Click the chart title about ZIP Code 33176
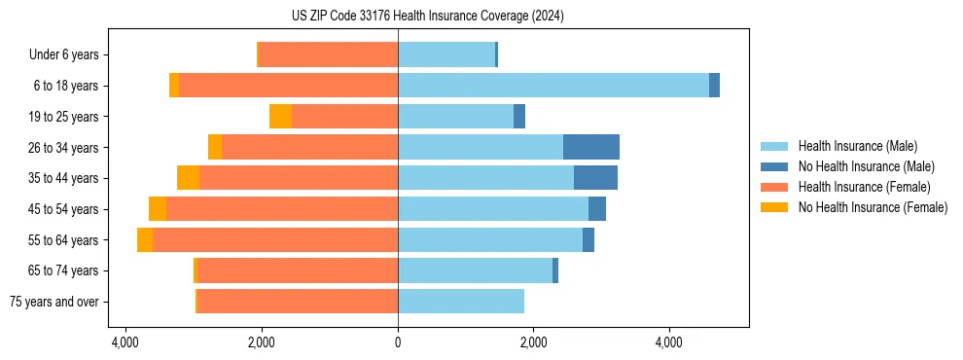[x=427, y=17]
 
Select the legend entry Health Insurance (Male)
[x=857, y=146]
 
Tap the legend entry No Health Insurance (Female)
[x=873, y=207]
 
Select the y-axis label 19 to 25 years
[x=65, y=117]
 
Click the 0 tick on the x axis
[x=398, y=342]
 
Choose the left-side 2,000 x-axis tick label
[x=262, y=342]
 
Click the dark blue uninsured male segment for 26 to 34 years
[x=591, y=147]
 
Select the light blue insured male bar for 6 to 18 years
[x=553, y=86]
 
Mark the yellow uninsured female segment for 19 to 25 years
[x=280, y=117]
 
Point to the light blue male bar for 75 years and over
[x=461, y=302]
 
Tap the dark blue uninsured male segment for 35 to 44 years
[x=595, y=178]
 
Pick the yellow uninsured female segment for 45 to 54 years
[x=158, y=209]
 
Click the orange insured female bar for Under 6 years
[x=329, y=55]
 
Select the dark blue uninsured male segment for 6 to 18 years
[x=714, y=86]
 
